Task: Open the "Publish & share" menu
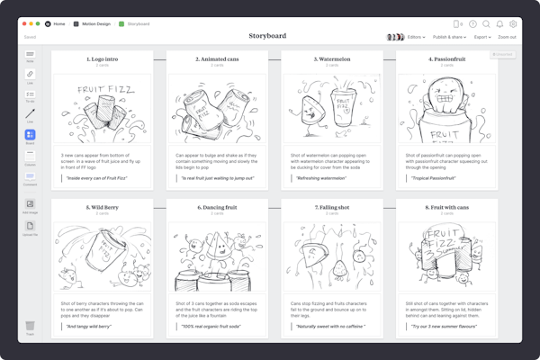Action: click(x=449, y=37)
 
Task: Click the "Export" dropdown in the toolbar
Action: click(x=481, y=37)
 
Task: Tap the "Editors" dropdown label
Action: click(x=415, y=37)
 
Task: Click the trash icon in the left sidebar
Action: click(x=30, y=325)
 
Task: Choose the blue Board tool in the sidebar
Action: click(x=30, y=136)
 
